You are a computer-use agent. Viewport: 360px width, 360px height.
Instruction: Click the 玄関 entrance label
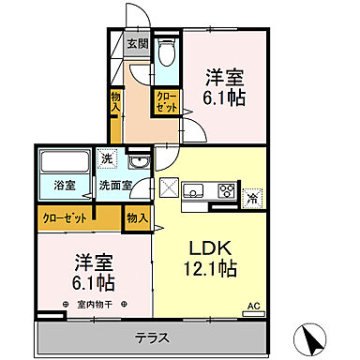[138, 43]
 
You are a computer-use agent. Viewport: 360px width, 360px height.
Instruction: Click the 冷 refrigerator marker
[251, 196]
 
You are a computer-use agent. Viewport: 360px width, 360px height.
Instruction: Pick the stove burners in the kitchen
[225, 190]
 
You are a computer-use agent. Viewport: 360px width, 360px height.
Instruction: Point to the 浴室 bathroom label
[65, 186]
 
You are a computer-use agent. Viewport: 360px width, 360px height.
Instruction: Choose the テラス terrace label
[150, 336]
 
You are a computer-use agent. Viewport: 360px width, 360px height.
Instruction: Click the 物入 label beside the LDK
[137, 218]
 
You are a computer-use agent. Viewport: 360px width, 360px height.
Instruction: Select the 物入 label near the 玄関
[115, 102]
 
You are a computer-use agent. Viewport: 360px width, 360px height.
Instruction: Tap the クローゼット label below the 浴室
[67, 217]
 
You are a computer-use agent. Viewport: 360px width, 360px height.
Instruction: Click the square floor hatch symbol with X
[170, 187]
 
